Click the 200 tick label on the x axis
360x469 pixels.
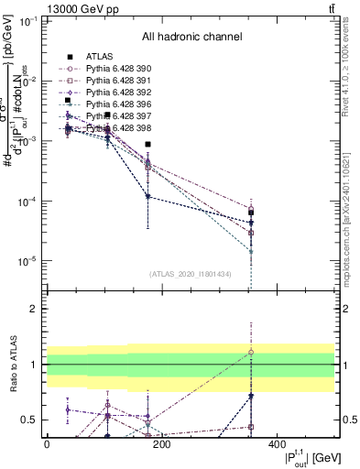162,445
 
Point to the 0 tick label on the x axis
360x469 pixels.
47,445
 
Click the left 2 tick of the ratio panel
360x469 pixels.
34,310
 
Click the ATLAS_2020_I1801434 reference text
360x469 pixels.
191,274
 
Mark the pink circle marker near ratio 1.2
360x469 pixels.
251,352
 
